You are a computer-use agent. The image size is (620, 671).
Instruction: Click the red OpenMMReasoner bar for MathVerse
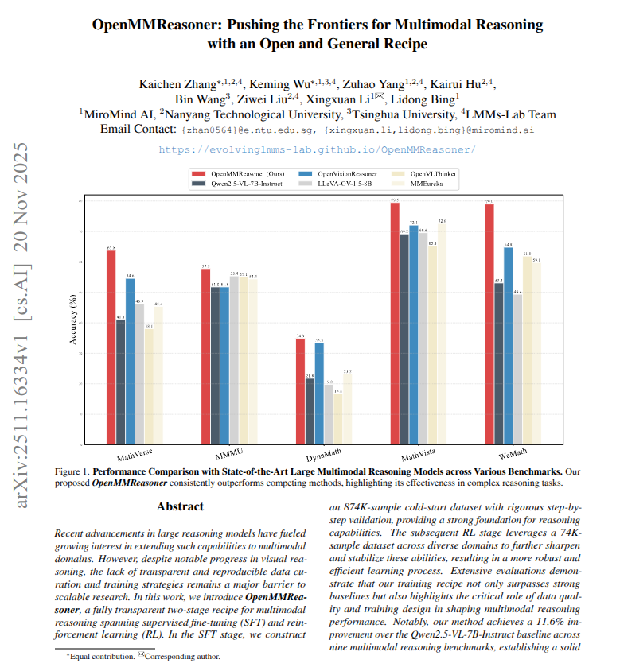click(x=111, y=347)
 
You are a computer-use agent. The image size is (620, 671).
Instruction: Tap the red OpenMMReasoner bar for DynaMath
click(x=300, y=390)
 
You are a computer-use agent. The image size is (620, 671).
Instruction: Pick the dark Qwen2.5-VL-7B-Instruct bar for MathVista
click(x=404, y=338)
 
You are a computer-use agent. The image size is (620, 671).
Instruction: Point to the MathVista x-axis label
click(x=419, y=456)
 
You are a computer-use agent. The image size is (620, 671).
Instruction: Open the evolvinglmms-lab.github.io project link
click(x=317, y=149)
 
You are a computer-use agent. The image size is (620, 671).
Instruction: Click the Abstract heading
click(x=180, y=506)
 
